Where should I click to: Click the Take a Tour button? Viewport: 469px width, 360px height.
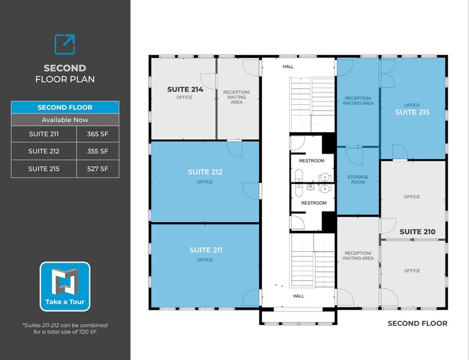(x=65, y=287)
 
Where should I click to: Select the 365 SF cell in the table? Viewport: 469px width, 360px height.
(x=97, y=133)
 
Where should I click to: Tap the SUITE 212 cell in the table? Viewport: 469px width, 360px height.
(x=44, y=151)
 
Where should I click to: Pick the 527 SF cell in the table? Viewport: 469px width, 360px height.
(x=97, y=168)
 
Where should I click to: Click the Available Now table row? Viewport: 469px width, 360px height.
(x=65, y=120)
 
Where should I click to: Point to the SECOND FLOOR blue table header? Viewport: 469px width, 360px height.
(x=65, y=108)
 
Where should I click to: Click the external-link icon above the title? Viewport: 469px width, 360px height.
(x=65, y=44)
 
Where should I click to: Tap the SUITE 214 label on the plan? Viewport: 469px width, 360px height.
(x=184, y=89)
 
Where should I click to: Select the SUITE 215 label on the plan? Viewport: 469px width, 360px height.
(x=412, y=112)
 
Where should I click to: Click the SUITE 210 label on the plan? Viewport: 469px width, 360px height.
(x=418, y=231)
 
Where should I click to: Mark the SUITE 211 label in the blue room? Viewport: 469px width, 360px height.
(x=205, y=250)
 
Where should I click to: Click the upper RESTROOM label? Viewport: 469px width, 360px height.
(x=312, y=160)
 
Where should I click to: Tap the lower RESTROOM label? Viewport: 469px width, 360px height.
(x=313, y=203)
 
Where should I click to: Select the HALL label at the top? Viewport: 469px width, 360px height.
(x=288, y=67)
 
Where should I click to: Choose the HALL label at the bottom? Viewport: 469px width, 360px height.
(x=298, y=296)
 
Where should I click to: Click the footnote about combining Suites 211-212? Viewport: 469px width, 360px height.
(x=65, y=329)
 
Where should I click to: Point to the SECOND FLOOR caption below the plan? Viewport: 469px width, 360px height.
(x=418, y=323)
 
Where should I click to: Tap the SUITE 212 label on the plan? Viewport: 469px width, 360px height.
(x=205, y=172)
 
